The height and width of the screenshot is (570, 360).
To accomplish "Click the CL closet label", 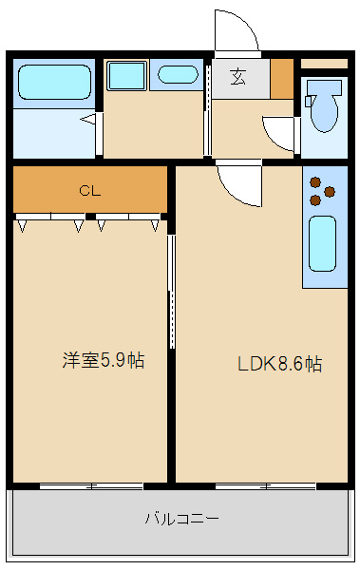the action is tap(90, 191).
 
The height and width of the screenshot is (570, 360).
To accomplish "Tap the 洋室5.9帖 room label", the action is tap(104, 361).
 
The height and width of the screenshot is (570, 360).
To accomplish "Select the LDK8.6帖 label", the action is tap(279, 364).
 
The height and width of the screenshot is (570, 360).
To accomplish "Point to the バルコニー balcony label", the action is tap(182, 518).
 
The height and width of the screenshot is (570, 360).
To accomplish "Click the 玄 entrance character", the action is tap(238, 77).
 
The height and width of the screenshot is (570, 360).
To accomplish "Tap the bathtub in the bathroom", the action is tap(54, 82).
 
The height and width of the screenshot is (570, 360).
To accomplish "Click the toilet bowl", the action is tap(324, 105).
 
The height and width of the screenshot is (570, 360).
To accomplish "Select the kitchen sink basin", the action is tap(322, 243).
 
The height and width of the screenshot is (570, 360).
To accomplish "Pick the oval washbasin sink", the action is tap(178, 75).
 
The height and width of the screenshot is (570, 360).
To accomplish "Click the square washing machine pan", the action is tap(127, 76).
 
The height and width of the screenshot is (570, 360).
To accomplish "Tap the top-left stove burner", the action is tap(315, 182).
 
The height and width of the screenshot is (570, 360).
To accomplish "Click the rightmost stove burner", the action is tap(330, 191).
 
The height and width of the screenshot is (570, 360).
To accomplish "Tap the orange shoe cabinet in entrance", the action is tap(282, 79).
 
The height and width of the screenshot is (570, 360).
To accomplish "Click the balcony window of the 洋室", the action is tap(91, 486).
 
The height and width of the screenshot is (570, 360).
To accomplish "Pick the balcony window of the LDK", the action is tap(265, 486).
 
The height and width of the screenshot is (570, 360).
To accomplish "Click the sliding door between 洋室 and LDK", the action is tap(172, 292).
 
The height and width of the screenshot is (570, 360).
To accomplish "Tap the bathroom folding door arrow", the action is tap(88, 119).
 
